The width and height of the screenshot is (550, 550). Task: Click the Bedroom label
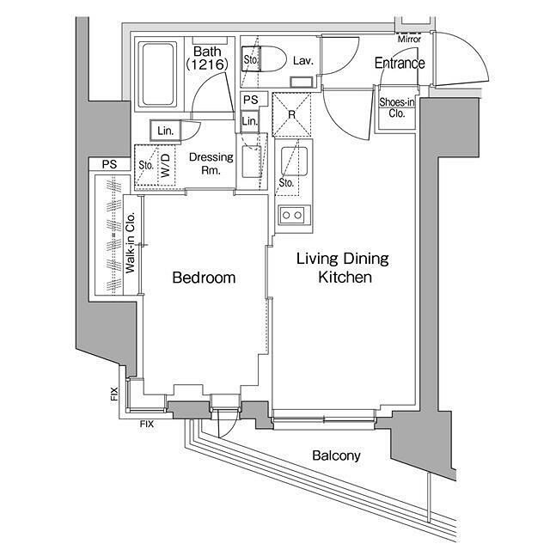pyautogui.click(x=204, y=278)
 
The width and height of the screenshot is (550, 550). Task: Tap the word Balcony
pyautogui.click(x=336, y=455)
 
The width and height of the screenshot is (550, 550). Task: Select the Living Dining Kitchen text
pyautogui.click(x=343, y=267)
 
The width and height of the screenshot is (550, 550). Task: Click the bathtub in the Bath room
pyautogui.click(x=157, y=75)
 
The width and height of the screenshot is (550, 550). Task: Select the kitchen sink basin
pyautogui.click(x=295, y=161)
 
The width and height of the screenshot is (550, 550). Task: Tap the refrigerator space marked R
pyautogui.click(x=292, y=114)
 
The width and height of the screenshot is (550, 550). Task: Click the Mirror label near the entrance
pyautogui.click(x=409, y=39)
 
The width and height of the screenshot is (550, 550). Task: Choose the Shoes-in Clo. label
pyautogui.click(x=397, y=108)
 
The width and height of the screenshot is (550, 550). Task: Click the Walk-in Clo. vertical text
pyautogui.click(x=130, y=242)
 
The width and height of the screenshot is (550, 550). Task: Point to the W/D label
pyautogui.click(x=166, y=165)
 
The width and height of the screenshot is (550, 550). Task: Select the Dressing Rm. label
pyautogui.click(x=211, y=163)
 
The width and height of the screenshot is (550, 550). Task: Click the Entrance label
pyautogui.click(x=400, y=63)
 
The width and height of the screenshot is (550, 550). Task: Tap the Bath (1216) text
pyautogui.click(x=207, y=58)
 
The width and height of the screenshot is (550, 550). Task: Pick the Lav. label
pyautogui.click(x=302, y=61)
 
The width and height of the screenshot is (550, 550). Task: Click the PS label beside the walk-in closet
pyautogui.click(x=109, y=164)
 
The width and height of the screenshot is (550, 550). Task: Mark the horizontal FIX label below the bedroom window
pyautogui.click(x=147, y=424)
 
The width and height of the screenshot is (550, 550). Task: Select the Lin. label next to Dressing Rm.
pyautogui.click(x=165, y=131)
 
